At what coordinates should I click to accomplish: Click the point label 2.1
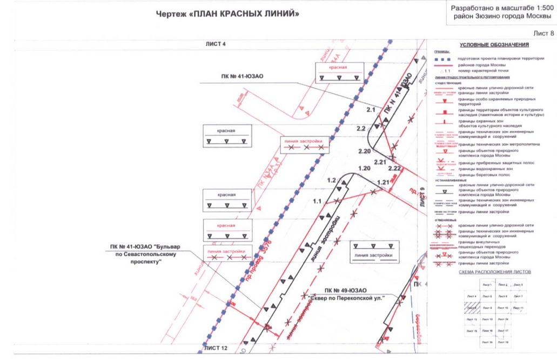coord(370,110)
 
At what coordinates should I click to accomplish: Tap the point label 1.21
coord(384,182)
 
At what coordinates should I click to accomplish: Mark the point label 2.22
coord(394,168)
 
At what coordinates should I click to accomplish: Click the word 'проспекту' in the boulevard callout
coord(143,261)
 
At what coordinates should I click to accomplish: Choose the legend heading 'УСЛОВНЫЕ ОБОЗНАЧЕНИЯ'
coord(494,45)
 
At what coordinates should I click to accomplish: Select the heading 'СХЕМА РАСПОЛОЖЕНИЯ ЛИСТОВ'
coord(495,272)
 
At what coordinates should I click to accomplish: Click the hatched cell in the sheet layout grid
coord(472,308)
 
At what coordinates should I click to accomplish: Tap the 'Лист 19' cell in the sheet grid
coord(502,342)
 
